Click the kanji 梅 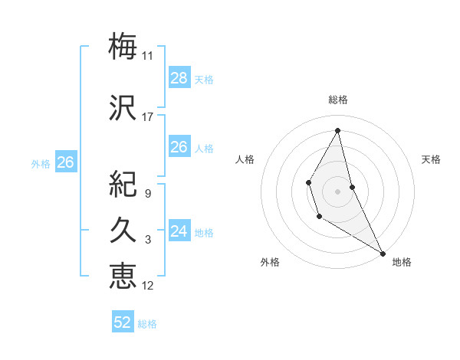click(123, 46)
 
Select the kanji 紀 click(123, 184)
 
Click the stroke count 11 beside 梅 click(148, 56)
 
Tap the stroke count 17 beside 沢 click(148, 116)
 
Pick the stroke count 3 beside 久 click(148, 240)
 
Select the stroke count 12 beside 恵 click(148, 286)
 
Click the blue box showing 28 click(179, 78)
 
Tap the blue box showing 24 click(179, 231)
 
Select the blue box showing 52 click(123, 322)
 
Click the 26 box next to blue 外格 click(65, 162)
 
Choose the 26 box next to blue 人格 click(179, 147)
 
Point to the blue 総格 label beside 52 click(147, 324)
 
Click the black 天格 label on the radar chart click(431, 159)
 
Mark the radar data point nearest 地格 click(383, 254)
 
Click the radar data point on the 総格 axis click(337, 129)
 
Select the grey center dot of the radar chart click(337, 190)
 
